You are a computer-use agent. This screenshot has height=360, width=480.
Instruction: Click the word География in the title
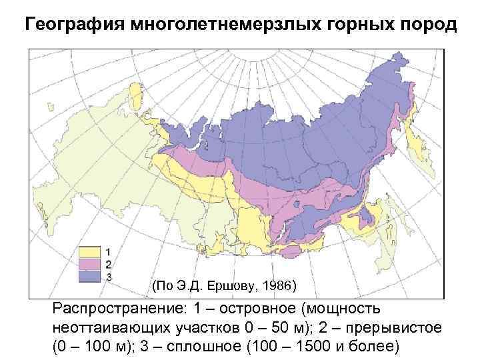[x=74, y=25]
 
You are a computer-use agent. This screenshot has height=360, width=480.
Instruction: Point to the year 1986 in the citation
[x=277, y=287]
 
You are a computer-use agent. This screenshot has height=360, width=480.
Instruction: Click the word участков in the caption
[x=194, y=329]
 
